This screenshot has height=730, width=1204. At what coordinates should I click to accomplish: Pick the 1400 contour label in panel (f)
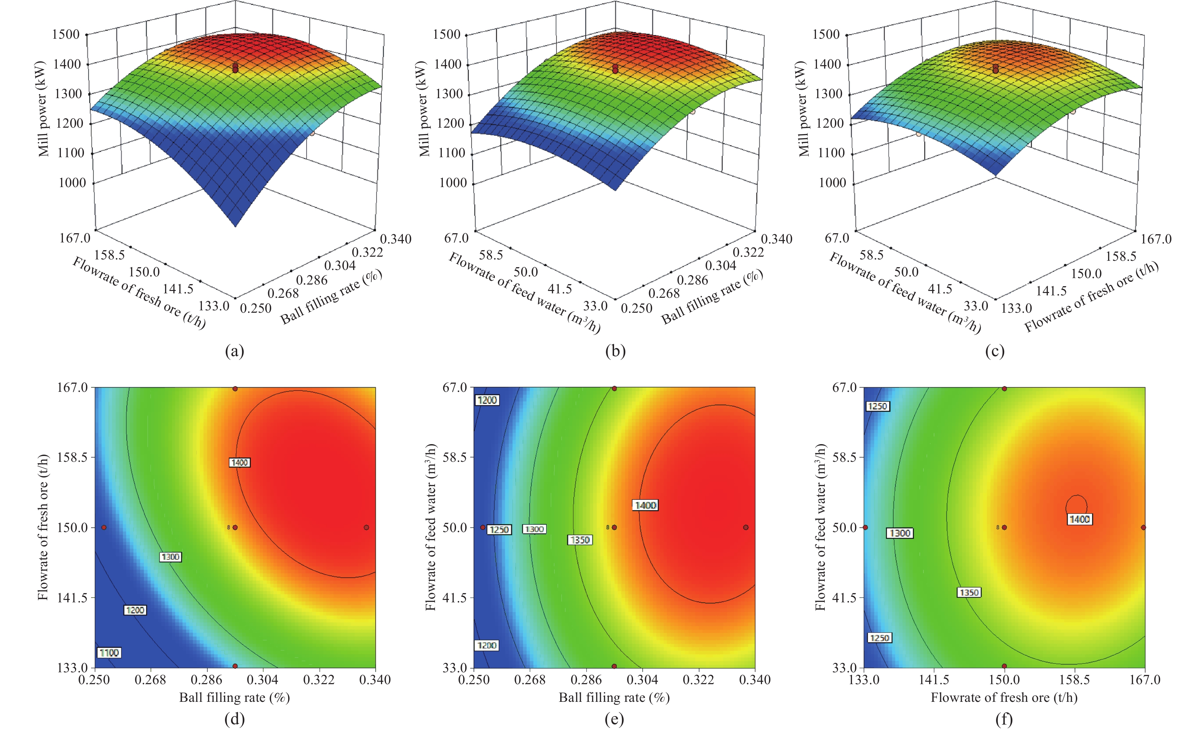tap(1079, 519)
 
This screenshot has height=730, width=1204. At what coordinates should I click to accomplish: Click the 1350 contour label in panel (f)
tap(969, 592)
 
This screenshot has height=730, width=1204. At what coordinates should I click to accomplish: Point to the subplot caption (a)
tap(234, 351)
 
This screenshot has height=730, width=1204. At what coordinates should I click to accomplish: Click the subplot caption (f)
tap(1004, 719)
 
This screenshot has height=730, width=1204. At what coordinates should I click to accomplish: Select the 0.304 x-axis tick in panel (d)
tap(263, 680)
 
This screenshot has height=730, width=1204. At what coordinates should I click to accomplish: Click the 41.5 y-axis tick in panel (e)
tap(454, 597)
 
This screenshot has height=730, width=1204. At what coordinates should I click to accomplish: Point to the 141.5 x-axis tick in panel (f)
tap(934, 680)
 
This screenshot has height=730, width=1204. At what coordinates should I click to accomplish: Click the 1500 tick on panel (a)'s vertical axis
tap(66, 34)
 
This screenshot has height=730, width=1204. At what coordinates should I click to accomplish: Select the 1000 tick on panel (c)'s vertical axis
tap(832, 183)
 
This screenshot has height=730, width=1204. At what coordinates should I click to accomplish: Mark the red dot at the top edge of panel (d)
tap(235, 389)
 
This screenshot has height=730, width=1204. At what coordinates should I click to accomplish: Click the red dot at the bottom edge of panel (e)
tap(614, 666)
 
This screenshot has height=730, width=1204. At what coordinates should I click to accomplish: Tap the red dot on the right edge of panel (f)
tap(1144, 527)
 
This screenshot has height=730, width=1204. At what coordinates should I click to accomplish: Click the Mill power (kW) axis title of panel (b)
tap(424, 108)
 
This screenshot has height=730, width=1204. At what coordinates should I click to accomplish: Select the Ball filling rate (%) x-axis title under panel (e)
tap(614, 697)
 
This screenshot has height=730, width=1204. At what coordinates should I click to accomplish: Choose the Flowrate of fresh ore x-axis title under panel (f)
tap(1004, 697)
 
